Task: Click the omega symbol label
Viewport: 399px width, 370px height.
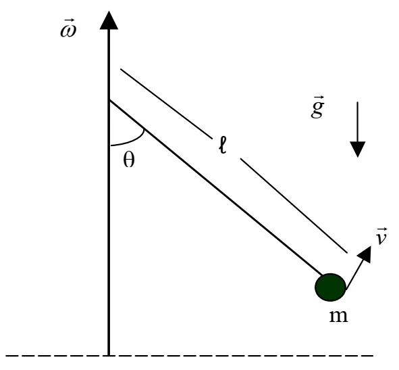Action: (68, 28)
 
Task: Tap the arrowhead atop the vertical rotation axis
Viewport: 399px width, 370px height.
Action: (109, 20)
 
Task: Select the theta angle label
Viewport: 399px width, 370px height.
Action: (129, 160)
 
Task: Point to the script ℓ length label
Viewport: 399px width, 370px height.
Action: (222, 145)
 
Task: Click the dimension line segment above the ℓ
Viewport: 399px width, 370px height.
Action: (167, 103)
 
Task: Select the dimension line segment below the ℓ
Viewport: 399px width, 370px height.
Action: (294, 206)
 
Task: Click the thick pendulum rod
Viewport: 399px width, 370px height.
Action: (216, 188)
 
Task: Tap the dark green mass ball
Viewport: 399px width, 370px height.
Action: (330, 287)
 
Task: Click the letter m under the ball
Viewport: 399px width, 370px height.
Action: (338, 316)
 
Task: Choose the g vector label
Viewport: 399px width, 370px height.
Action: (317, 107)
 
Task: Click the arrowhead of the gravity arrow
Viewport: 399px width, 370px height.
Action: (358, 149)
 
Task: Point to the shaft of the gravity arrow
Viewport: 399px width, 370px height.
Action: (358, 122)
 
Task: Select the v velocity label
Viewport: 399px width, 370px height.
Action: (381, 236)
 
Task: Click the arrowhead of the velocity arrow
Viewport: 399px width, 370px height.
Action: (365, 254)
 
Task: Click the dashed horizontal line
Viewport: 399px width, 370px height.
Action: (189, 355)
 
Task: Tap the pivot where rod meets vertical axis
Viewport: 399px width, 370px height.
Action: (109, 101)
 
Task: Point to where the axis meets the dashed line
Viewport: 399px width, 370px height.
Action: (109, 355)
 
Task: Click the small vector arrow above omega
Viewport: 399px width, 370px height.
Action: (69, 21)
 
